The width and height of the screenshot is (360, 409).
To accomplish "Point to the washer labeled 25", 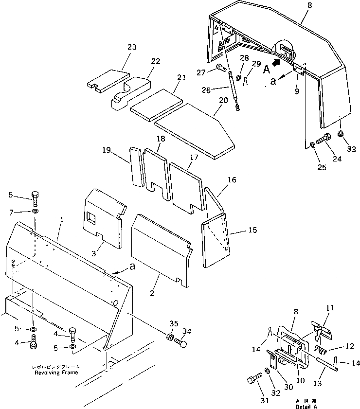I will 311,144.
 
